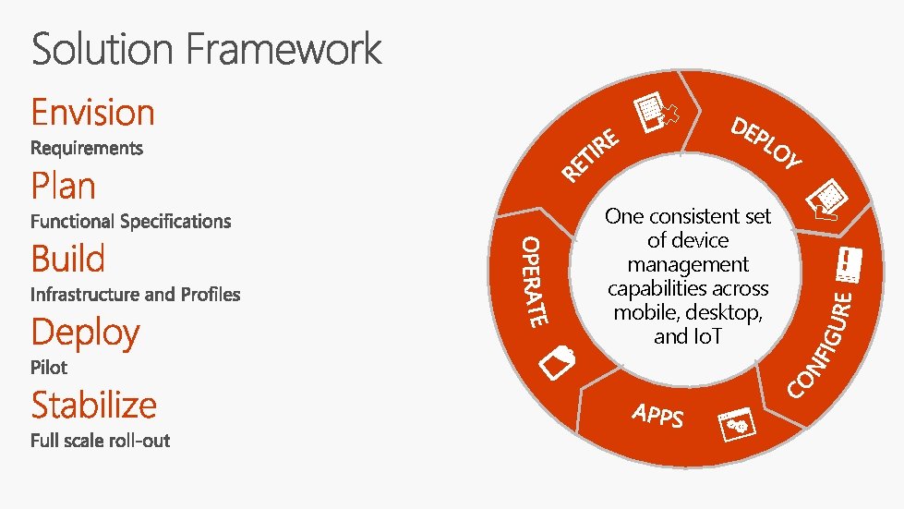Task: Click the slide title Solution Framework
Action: [207, 48]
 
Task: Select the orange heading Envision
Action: [92, 113]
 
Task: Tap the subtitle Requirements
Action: [87, 148]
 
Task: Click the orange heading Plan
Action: [63, 186]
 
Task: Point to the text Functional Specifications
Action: [130, 221]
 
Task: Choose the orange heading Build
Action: [67, 259]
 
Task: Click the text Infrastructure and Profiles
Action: [135, 295]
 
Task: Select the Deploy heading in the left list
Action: [85, 333]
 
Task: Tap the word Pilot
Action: [49, 368]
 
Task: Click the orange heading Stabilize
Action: [93, 406]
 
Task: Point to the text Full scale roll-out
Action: [100, 441]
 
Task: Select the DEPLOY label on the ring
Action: [765, 144]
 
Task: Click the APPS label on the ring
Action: [658, 416]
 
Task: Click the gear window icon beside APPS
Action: [738, 423]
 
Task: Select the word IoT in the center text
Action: [702, 337]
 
